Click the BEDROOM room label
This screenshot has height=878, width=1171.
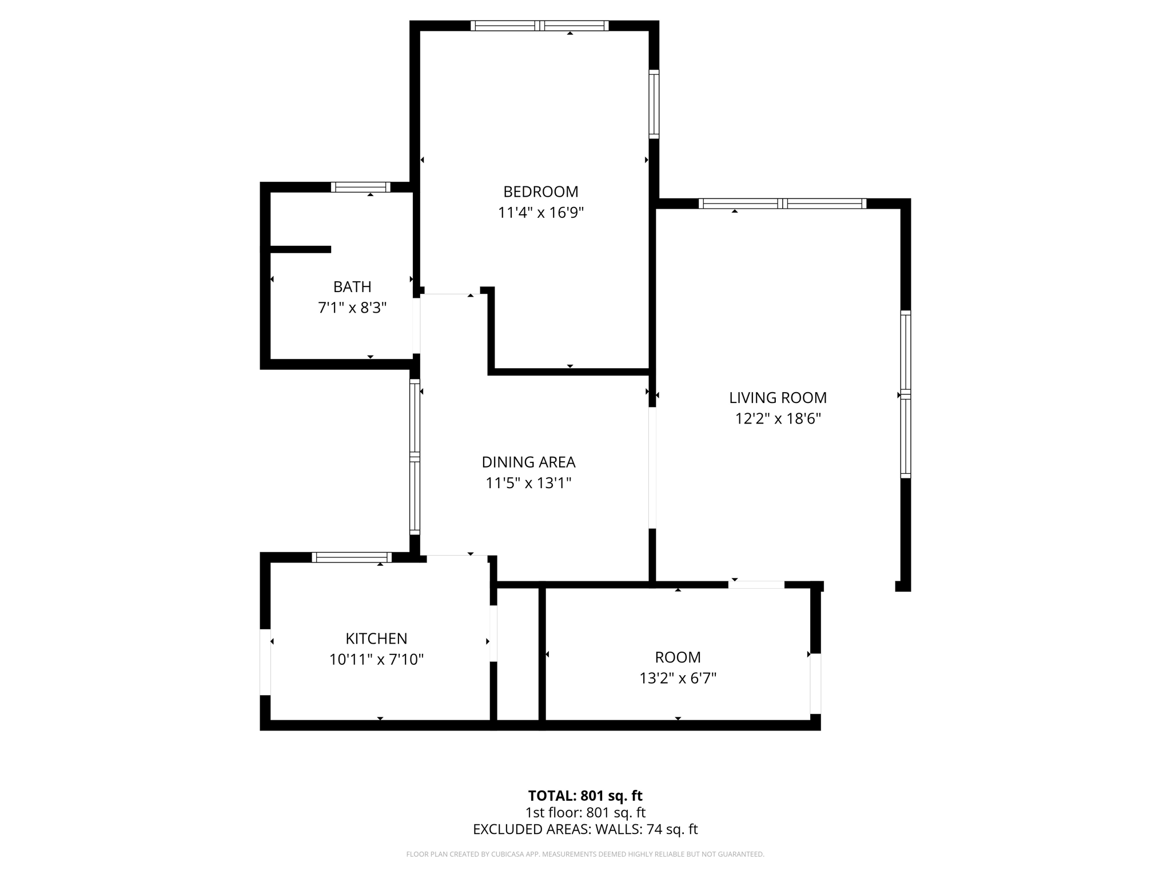coord(540,191)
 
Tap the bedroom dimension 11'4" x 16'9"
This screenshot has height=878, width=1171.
coord(540,213)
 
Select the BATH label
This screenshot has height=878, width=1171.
coord(352,286)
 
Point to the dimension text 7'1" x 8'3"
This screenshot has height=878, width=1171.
coord(352,308)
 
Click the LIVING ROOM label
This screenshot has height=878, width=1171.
coord(778,397)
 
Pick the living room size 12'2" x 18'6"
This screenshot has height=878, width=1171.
coord(778,419)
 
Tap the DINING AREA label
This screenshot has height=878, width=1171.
coord(528,462)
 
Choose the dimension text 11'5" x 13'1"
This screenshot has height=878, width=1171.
coord(528,483)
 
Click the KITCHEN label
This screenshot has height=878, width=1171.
coord(376,638)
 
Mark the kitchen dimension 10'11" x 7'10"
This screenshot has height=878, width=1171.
coord(376,660)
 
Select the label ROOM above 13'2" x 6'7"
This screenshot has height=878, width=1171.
coord(678,657)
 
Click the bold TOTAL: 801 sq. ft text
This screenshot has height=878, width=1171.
coord(585,796)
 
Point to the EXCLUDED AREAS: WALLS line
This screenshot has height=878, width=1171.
coord(585,829)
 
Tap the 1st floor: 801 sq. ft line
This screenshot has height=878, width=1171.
coord(585,812)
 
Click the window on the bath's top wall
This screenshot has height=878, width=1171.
coord(360,187)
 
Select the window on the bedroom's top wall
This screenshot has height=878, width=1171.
coord(539,26)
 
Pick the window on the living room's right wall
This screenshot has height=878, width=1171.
coord(905,394)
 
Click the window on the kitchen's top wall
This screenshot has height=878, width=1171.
coord(352,557)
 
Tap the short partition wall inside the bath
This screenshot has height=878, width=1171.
coord(300,249)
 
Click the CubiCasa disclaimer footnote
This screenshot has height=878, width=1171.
coord(585,855)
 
